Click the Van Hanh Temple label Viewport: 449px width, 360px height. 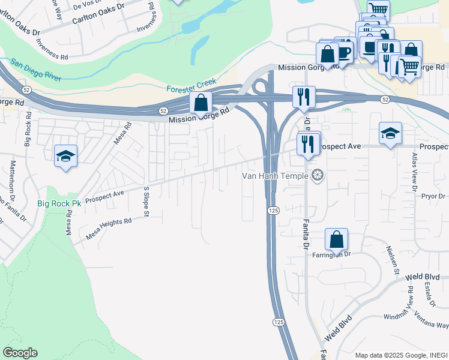275,176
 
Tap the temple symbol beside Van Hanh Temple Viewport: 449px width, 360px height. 318,175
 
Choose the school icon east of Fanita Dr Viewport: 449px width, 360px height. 390,133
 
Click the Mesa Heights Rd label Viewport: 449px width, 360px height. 109,229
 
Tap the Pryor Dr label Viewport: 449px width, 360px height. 433,196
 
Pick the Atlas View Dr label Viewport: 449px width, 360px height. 414,171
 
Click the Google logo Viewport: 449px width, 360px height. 20,353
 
